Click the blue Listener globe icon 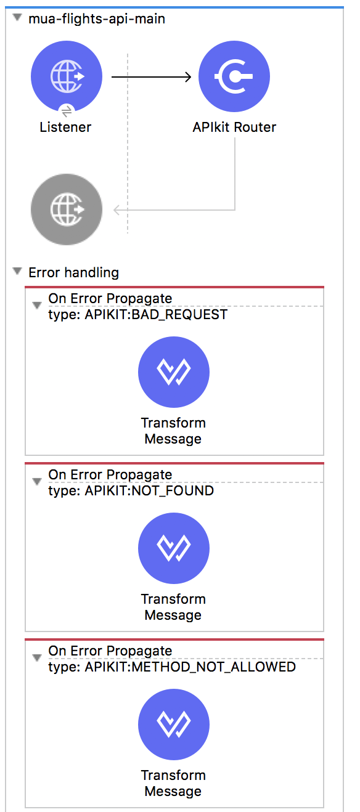point(67,76)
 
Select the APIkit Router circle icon point(234,76)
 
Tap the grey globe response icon point(67,209)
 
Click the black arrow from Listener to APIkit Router point(151,77)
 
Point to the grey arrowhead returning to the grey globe point(117,210)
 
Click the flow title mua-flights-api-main point(97,19)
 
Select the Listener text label point(65,128)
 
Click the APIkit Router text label point(234,128)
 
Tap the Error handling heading point(73,272)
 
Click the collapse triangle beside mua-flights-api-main point(17,17)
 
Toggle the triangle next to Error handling point(17,271)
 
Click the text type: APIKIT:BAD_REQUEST point(137,315)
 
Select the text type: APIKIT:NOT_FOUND point(131,491)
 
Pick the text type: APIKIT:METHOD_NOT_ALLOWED point(172,667)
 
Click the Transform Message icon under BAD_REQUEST point(174,372)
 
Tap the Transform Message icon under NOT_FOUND point(174,548)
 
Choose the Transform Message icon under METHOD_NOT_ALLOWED point(174,725)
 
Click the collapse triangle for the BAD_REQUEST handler point(36,306)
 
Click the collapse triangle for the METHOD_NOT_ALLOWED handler point(36,658)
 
